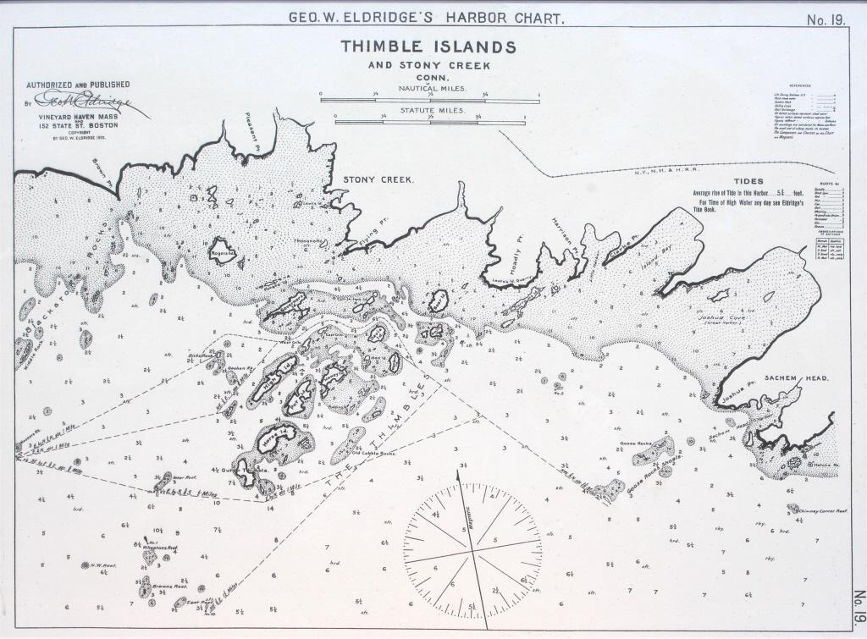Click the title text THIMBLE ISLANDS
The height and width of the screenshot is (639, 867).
pyautogui.click(x=428, y=47)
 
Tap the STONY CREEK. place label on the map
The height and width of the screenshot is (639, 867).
pyautogui.click(x=378, y=180)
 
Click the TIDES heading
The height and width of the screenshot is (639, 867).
pyautogui.click(x=748, y=181)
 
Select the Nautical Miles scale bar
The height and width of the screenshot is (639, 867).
pyautogui.click(x=429, y=101)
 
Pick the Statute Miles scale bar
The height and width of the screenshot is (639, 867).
pyautogui.click(x=436, y=123)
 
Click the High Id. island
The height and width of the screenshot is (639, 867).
pyautogui.click(x=274, y=378)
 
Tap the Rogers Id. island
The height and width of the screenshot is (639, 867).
pyautogui.click(x=224, y=251)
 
